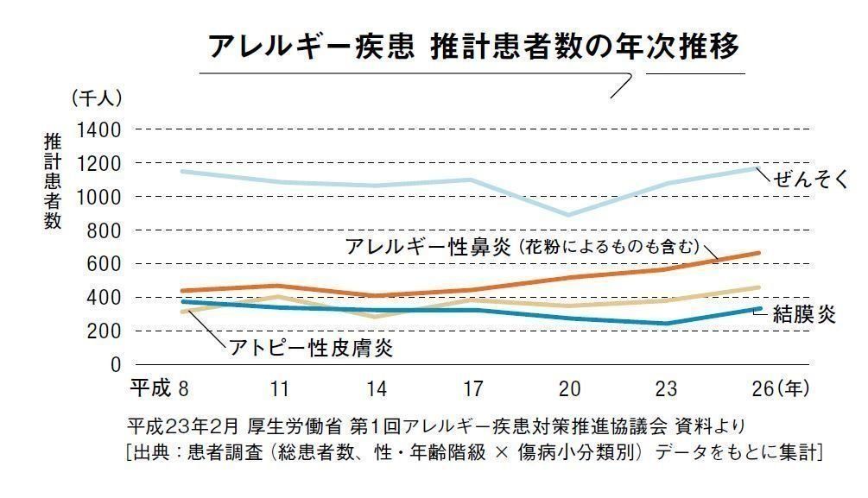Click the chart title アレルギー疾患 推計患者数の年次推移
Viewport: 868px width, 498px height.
click(473, 46)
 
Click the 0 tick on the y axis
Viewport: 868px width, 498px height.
click(116, 364)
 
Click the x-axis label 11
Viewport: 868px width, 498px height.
click(278, 388)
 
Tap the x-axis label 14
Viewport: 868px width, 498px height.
click(376, 388)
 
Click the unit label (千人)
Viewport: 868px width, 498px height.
click(97, 98)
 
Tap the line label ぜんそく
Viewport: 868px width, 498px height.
click(812, 180)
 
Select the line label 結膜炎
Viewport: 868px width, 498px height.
click(804, 314)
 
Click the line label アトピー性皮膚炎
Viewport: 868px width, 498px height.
click(311, 348)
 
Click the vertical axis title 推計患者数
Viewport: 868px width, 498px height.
click(54, 180)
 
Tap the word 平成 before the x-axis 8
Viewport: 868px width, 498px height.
click(150, 388)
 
